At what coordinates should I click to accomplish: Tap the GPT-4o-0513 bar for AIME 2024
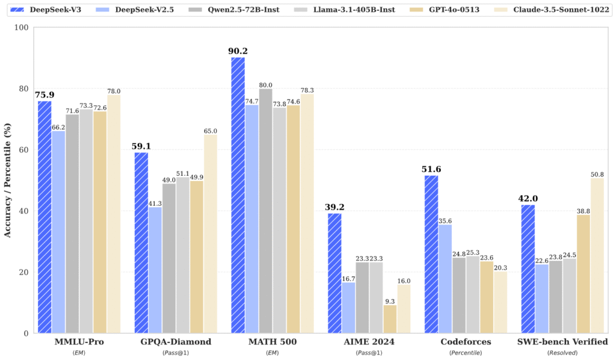click(390, 319)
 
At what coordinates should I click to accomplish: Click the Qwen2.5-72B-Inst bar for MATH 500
click(265, 211)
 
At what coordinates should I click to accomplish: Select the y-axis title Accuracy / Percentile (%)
click(8, 181)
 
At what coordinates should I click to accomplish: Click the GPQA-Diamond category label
click(175, 342)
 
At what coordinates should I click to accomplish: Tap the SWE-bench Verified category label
click(562, 342)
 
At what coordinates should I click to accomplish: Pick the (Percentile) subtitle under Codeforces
click(466, 352)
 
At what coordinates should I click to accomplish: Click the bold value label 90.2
click(238, 51)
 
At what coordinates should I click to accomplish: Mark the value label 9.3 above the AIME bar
click(390, 300)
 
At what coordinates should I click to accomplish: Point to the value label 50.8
click(597, 173)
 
